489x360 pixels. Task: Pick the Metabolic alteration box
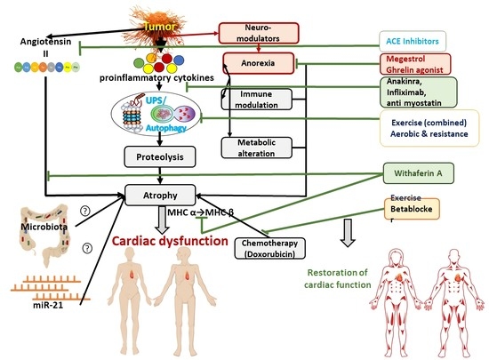256,146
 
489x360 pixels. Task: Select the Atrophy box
160,192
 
